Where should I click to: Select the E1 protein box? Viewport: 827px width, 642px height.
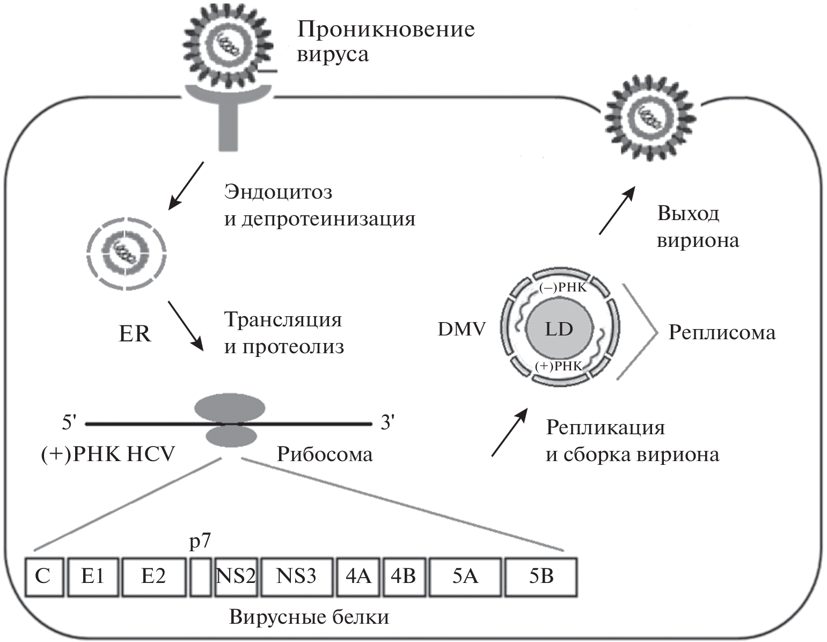click(93, 577)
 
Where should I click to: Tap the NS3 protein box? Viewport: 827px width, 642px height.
click(296, 577)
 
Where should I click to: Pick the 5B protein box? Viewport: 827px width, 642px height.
click(541, 577)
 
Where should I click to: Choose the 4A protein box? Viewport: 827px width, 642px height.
click(358, 577)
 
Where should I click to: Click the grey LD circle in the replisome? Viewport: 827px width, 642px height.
click(559, 329)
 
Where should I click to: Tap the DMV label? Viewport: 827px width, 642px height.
click(462, 329)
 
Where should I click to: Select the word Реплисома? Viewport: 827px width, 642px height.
click(722, 333)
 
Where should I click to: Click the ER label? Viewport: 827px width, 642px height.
click(135, 334)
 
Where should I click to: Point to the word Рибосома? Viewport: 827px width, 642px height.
click(325, 454)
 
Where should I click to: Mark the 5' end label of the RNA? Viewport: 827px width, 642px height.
click(70, 423)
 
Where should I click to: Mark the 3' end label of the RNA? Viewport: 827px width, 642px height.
click(387, 423)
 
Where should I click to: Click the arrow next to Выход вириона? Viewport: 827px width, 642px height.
click(617, 210)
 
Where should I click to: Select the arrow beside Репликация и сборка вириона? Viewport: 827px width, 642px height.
click(510, 433)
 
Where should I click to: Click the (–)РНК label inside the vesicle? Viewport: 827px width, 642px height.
click(563, 288)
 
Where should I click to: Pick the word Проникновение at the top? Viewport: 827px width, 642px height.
click(386, 29)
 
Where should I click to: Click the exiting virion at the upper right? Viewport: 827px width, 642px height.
click(650, 116)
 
